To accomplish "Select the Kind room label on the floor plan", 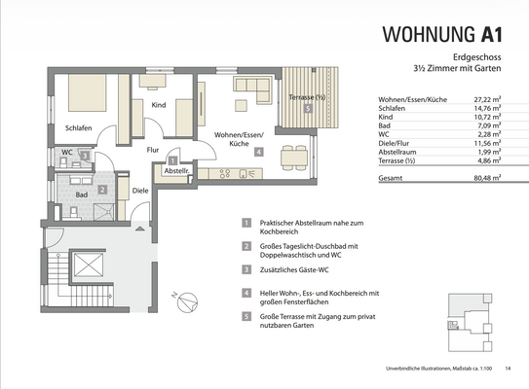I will point(158,104).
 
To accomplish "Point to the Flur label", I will point(152,150).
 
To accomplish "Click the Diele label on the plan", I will point(140,191).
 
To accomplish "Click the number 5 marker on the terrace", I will point(308,110).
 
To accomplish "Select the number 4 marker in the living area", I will point(257,152).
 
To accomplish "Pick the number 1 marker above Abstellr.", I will point(172,160).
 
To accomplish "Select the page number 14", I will point(508,368).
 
